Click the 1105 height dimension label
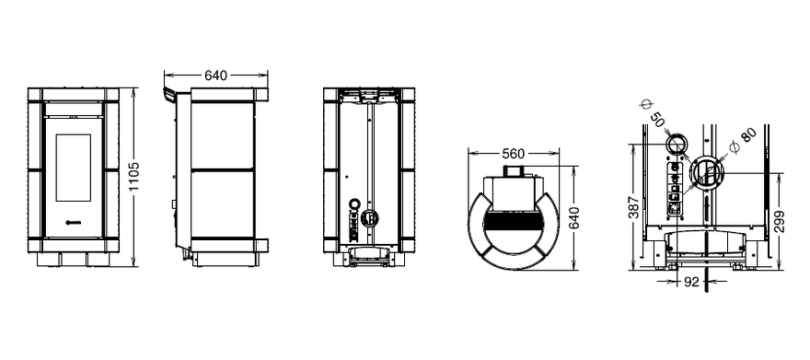pyautogui.click(x=133, y=177)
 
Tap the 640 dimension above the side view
pyautogui.click(x=215, y=75)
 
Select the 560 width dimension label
pyautogui.click(x=513, y=154)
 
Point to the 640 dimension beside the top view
pyautogui.click(x=573, y=217)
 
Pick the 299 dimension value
pyautogui.click(x=780, y=221)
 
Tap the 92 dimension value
pyautogui.click(x=690, y=282)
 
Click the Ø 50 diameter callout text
pyautogui.click(x=652, y=115)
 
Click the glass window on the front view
pyautogui.click(x=73, y=168)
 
